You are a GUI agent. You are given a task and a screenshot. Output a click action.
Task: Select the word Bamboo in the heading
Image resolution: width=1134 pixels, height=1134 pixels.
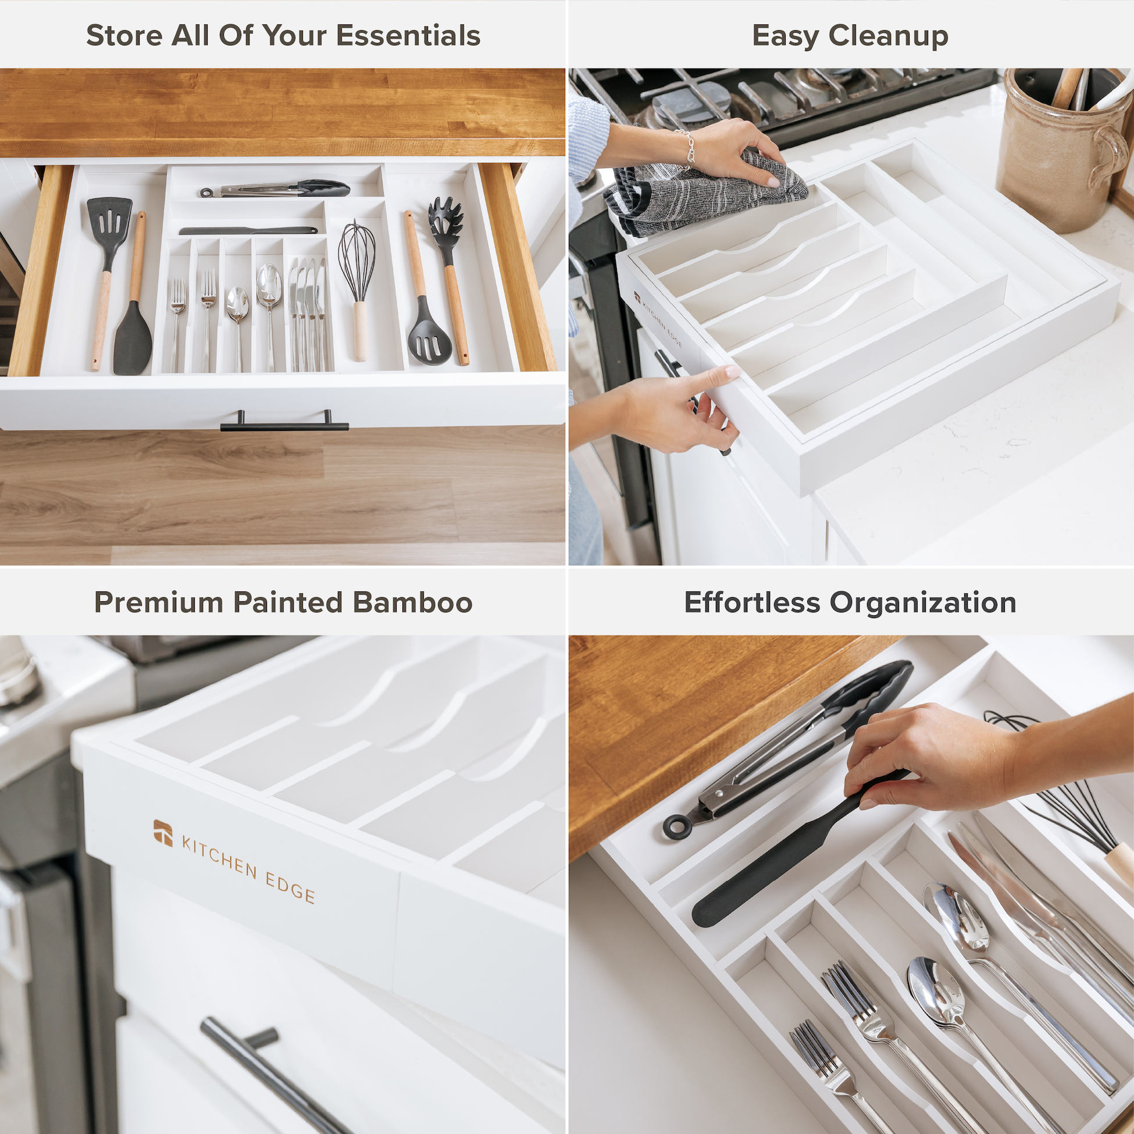413,602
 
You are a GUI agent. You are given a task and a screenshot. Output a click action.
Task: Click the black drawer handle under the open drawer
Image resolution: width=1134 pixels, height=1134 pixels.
284,423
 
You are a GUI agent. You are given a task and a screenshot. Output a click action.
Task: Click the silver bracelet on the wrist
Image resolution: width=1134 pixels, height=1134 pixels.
685,150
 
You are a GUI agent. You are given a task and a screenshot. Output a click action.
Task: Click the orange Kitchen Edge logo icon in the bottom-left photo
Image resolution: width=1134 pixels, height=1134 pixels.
163,833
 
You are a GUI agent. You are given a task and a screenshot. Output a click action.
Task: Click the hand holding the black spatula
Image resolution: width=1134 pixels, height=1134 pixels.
928,757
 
